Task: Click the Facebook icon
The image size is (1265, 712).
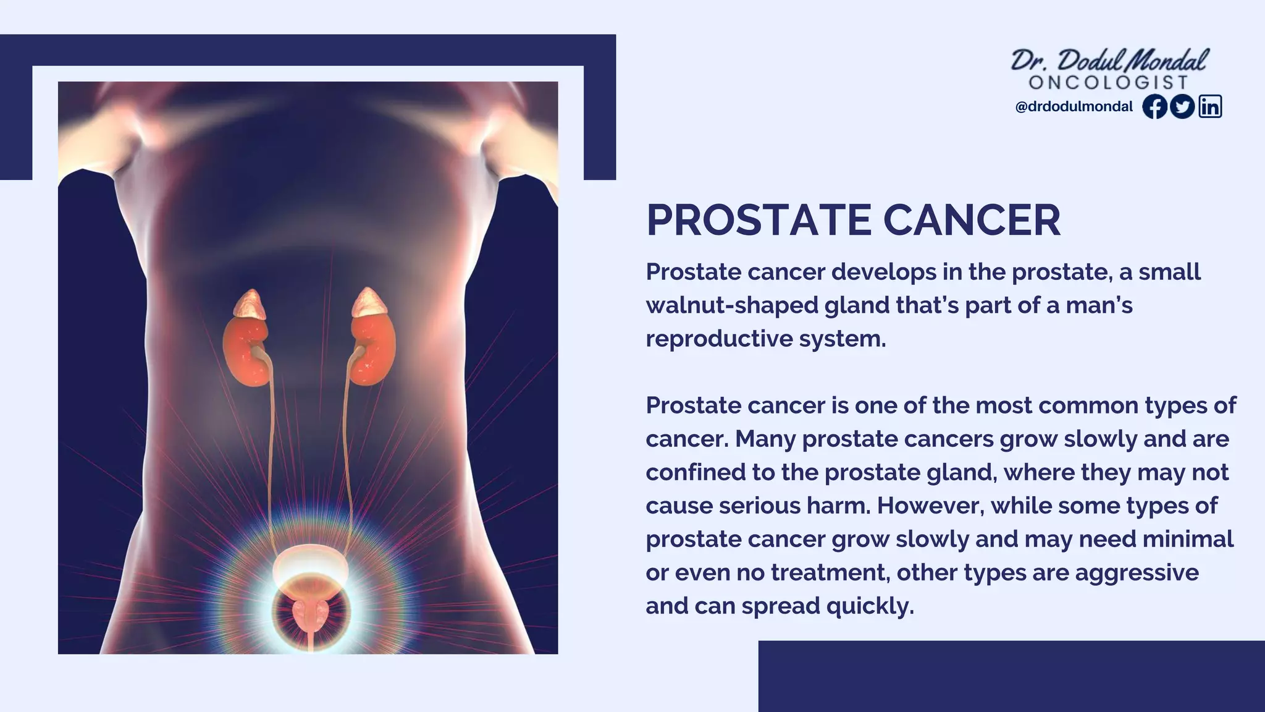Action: coord(1154,107)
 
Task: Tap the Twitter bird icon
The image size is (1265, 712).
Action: coord(1182,107)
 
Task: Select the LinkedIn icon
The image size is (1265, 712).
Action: coord(1211,107)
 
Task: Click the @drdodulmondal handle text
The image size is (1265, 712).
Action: coord(1074,107)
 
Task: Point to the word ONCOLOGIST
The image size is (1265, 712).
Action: coord(1109,83)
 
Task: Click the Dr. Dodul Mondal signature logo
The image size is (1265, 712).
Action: coord(1109,61)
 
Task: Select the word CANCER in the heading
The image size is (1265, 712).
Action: coord(972,221)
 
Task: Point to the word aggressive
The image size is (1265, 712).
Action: coord(1137,573)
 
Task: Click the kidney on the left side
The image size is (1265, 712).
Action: coord(246,349)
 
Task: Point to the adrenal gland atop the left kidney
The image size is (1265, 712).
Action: coord(250,304)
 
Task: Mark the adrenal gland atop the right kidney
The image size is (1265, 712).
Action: coord(369,302)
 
